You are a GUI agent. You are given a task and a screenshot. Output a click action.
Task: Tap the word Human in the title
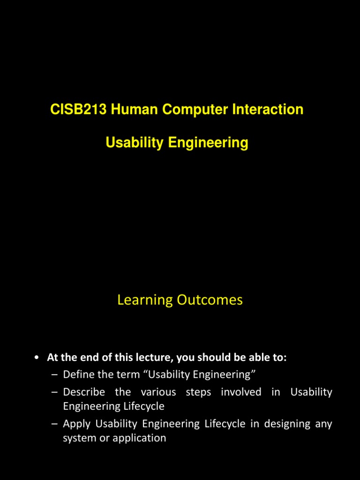[131, 110]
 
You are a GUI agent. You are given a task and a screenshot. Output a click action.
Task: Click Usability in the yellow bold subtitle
[134, 142]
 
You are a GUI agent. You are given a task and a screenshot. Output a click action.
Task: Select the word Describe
[84, 392]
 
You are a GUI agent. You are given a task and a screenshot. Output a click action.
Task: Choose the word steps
[198, 392]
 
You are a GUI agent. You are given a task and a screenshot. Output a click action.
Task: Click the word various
[158, 392]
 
